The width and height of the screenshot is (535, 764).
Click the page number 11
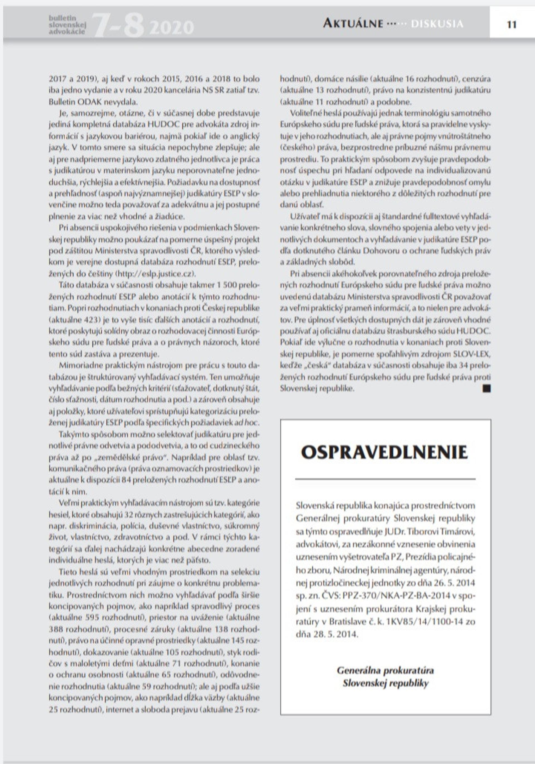(x=511, y=25)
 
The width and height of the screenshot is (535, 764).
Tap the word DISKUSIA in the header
(x=437, y=24)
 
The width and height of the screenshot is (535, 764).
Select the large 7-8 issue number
(x=118, y=25)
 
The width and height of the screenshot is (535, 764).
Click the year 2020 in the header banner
(x=172, y=27)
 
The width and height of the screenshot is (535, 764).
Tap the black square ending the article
(x=487, y=388)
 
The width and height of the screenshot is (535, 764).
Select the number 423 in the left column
(x=93, y=320)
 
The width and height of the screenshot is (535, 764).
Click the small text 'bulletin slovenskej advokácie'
(x=67, y=25)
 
